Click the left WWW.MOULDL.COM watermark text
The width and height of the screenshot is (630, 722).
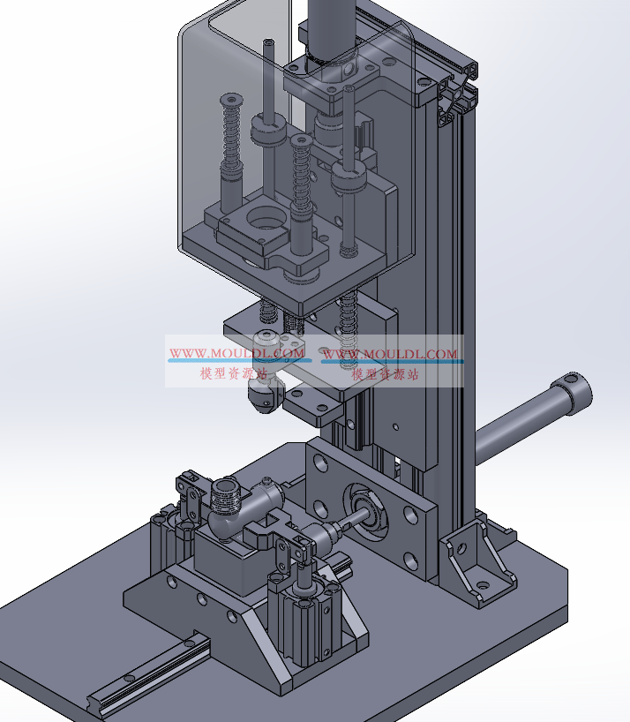click(x=237, y=353)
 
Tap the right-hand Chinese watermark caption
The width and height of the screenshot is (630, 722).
click(x=386, y=373)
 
